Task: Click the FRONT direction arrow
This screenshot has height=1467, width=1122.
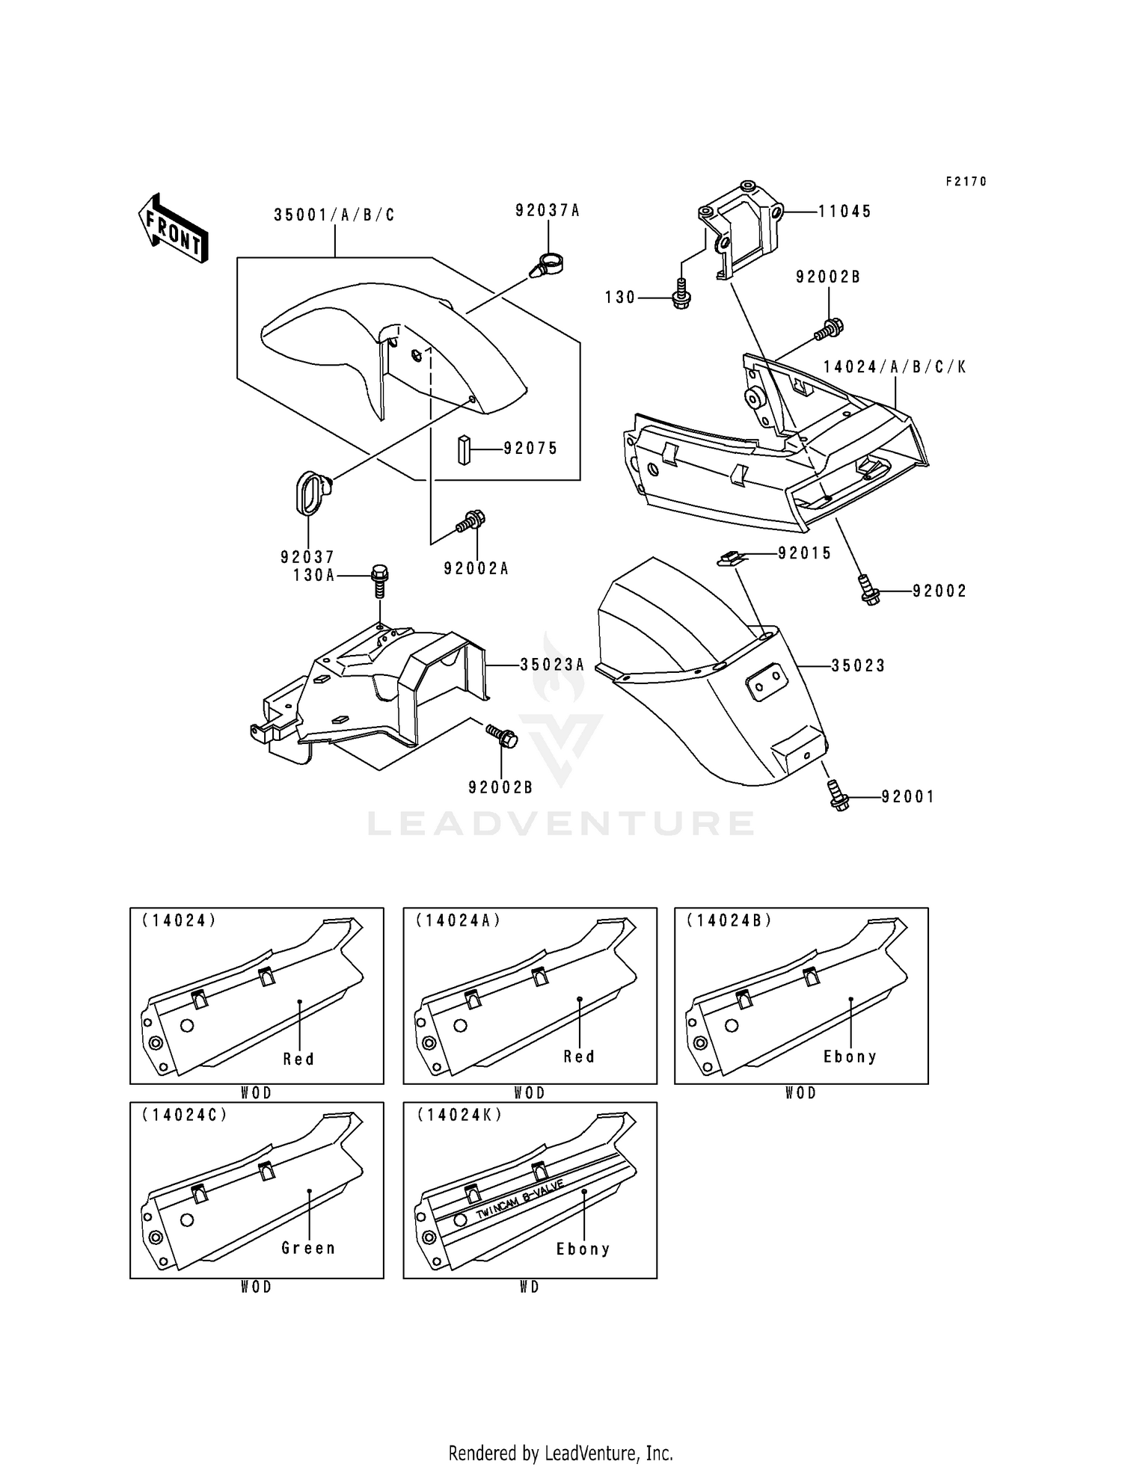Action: click(172, 228)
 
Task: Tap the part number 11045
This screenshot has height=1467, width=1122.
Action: click(844, 212)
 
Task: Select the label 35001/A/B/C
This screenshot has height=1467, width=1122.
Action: click(334, 215)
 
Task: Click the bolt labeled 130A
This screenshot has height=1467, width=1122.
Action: click(379, 580)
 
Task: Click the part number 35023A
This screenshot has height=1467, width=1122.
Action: click(552, 664)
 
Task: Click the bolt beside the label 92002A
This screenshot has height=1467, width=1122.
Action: click(471, 521)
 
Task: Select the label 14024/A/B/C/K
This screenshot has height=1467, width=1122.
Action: click(895, 367)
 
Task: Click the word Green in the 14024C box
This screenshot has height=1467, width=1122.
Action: click(308, 1248)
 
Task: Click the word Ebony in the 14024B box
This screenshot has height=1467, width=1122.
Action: click(850, 1057)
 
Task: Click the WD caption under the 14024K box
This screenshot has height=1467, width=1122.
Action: click(529, 1287)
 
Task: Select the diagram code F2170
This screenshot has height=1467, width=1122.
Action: click(966, 182)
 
